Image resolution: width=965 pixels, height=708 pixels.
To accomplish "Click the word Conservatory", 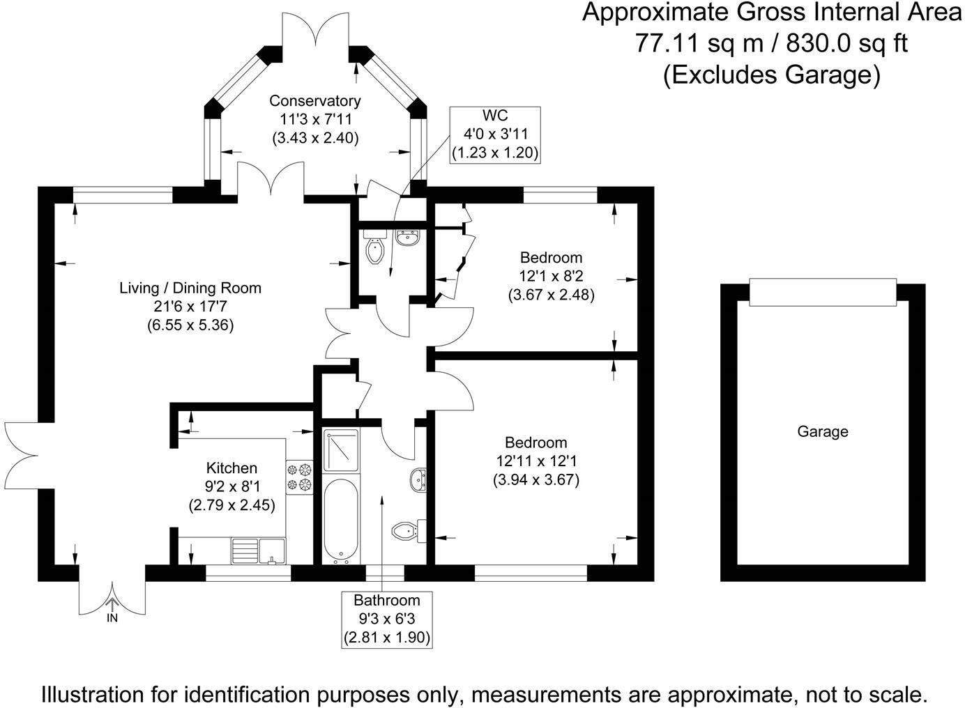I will pos(315,101).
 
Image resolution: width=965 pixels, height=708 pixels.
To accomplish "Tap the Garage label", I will pos(823,432).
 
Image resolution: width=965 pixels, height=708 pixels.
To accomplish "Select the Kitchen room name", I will pos(231,468).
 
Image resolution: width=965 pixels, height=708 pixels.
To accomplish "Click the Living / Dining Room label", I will pos(190,288).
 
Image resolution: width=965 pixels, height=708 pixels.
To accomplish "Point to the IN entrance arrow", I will pos(112,610).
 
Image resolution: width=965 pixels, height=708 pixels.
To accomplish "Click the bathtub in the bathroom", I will pos(341,520).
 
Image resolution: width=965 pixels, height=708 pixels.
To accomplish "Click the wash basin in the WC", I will pos(407,238).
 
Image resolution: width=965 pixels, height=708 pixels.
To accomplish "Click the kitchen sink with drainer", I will pos(258,550).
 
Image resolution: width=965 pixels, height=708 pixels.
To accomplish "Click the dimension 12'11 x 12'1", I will pos(536,461).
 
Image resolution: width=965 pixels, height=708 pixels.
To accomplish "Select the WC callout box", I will pos(495,134).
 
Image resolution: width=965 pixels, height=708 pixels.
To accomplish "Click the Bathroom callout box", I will pos(387,619).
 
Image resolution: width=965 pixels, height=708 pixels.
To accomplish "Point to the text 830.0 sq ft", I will pos(846,43).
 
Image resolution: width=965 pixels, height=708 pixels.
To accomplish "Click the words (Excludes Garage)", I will pos(771,74).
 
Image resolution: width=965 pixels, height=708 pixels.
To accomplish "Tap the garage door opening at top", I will pos(822,291).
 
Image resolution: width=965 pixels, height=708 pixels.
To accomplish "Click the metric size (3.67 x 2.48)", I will pos(551,295).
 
